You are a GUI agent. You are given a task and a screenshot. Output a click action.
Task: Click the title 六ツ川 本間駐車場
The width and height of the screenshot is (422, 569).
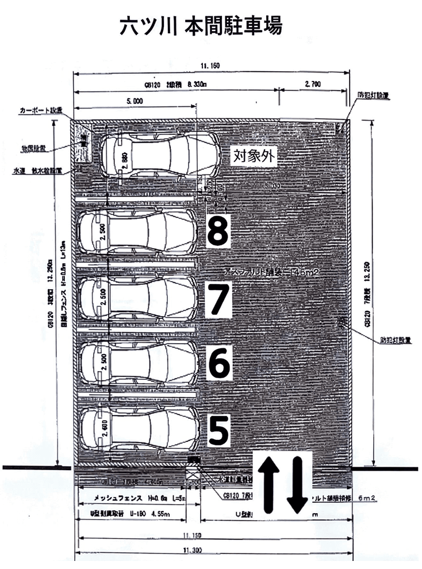point(201,26)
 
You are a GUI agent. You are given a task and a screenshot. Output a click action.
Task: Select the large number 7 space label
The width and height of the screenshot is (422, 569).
point(218,299)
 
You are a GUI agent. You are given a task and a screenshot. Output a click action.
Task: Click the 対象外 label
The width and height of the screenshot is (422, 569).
point(254,155)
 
